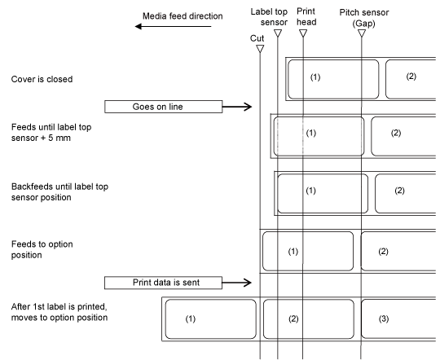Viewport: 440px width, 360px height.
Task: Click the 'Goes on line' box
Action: [x=163, y=107]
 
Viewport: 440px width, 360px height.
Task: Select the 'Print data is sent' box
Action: [x=163, y=283]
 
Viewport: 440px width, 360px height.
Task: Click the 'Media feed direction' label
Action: [x=183, y=16]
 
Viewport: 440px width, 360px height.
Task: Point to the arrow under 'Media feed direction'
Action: [x=173, y=26]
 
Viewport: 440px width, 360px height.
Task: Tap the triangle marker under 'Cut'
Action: [x=260, y=49]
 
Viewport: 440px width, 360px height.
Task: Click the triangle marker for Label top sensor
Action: [x=278, y=33]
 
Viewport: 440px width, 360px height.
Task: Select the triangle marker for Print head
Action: [x=303, y=33]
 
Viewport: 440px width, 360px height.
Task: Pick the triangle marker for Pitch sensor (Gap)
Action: [x=362, y=33]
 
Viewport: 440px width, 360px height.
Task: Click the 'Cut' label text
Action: [x=257, y=38]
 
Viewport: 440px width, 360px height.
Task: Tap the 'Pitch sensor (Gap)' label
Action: [x=364, y=18]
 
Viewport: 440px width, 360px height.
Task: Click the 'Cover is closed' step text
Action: [x=42, y=79]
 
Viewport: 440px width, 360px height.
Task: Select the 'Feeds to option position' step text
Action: [x=42, y=249]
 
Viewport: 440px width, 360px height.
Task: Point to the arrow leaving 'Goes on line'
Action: [x=237, y=107]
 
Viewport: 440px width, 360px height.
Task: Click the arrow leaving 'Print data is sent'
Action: [x=237, y=283]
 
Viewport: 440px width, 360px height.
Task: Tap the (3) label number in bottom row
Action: [x=384, y=319]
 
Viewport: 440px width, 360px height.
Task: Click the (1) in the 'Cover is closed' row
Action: [x=315, y=77]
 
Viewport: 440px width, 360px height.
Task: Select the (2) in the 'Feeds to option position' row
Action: [x=383, y=252]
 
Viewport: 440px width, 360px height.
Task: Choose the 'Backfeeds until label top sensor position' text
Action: [x=59, y=192]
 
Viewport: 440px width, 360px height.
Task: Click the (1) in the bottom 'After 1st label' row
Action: [x=190, y=319]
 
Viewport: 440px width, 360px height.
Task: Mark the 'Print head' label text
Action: [x=306, y=16]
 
